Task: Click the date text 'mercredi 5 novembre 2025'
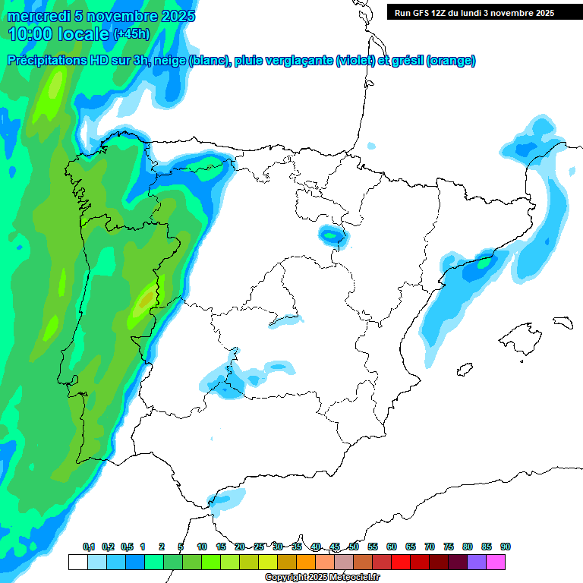(101, 16)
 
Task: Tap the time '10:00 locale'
(58, 33)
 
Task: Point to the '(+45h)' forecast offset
(131, 34)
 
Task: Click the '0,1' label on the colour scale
(89, 547)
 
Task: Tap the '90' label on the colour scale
(506, 547)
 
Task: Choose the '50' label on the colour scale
(354, 547)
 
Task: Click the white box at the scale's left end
(77, 563)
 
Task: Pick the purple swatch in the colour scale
(477, 563)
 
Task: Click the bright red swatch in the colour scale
(401, 563)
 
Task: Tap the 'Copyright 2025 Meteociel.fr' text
(323, 578)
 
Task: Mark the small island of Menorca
(562, 322)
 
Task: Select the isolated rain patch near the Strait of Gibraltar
(226, 499)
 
